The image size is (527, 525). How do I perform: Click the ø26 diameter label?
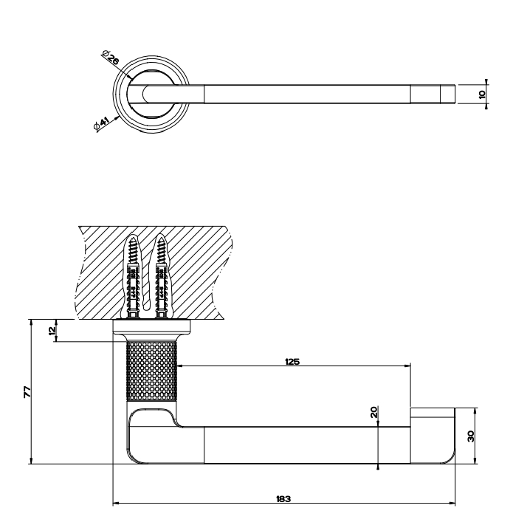click(x=111, y=57)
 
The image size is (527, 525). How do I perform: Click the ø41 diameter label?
click(x=102, y=123)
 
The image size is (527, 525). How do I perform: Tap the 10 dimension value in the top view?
click(x=482, y=95)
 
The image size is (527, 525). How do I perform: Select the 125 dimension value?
click(x=292, y=362)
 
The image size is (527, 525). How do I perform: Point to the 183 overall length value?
click(x=283, y=498)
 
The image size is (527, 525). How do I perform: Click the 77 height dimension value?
click(x=27, y=392)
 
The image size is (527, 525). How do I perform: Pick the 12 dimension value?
click(x=52, y=331)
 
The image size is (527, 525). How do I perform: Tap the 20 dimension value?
click(x=374, y=412)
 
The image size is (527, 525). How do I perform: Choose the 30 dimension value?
click(x=471, y=436)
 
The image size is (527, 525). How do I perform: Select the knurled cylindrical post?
click(x=151, y=371)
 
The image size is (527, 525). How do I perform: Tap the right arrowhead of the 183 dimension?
click(x=452, y=504)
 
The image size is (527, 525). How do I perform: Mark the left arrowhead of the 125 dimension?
click(x=180, y=366)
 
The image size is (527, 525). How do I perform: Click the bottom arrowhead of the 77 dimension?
click(x=31, y=461)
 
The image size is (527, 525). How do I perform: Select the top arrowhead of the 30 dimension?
click(x=475, y=411)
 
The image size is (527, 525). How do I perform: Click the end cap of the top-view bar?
click(x=448, y=94)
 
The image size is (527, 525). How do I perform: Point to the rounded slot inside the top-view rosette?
click(x=147, y=94)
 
